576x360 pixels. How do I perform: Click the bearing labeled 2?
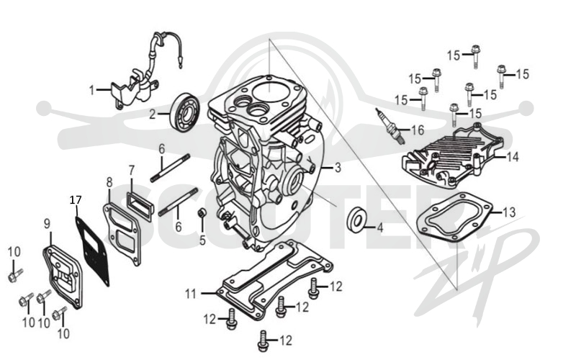coord(186,112)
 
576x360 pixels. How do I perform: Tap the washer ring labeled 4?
coord(356,220)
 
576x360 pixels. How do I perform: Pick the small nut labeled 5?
coord(202,212)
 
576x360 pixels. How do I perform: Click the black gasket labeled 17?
coord(92,250)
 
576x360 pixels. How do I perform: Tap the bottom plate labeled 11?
coord(276,279)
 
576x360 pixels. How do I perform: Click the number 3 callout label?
coord(338,168)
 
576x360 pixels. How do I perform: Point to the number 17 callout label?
coord(76,200)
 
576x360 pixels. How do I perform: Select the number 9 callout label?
coord(47,224)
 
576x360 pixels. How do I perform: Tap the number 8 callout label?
coord(109,182)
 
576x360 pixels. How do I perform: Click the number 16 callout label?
coord(418,130)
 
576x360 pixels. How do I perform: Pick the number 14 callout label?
coord(513,157)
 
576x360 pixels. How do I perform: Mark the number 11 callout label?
coord(191,294)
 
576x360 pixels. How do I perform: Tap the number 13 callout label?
coord(509,212)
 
